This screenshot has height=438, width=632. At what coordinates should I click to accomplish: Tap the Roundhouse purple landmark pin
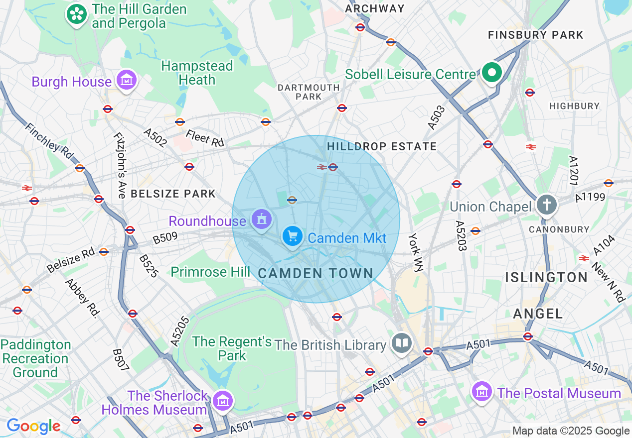[261, 219]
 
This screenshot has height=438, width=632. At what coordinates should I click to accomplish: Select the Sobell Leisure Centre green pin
[492, 73]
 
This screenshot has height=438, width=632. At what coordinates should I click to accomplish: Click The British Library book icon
[402, 343]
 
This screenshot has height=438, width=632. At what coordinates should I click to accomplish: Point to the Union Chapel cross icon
[546, 205]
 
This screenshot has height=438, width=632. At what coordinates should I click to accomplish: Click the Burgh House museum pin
[126, 80]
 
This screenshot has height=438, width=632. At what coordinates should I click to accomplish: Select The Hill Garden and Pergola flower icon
[77, 14]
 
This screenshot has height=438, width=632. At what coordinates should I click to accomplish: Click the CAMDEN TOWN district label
[316, 273]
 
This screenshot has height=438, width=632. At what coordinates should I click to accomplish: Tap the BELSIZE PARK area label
[173, 194]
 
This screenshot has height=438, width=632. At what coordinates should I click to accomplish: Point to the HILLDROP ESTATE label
[382, 146]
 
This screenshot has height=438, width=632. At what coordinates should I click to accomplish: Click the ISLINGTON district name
[546, 277]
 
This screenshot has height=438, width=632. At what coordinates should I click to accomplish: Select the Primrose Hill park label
[210, 272]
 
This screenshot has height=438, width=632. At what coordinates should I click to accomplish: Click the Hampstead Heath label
[197, 73]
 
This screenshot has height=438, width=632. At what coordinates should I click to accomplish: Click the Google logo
[33, 426]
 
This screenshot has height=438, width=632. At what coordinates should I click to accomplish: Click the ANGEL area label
[538, 313]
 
